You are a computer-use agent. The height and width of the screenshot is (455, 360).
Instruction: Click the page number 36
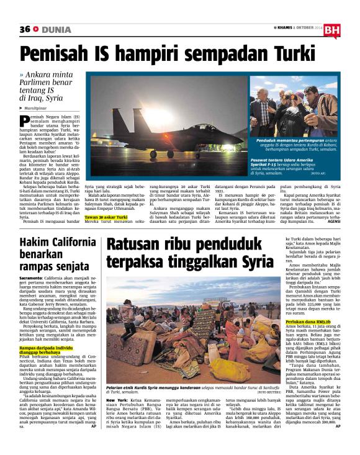click(25, 29)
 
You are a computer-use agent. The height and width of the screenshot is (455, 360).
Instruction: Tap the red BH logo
click(331, 30)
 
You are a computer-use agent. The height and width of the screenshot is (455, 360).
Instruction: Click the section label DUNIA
click(58, 29)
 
